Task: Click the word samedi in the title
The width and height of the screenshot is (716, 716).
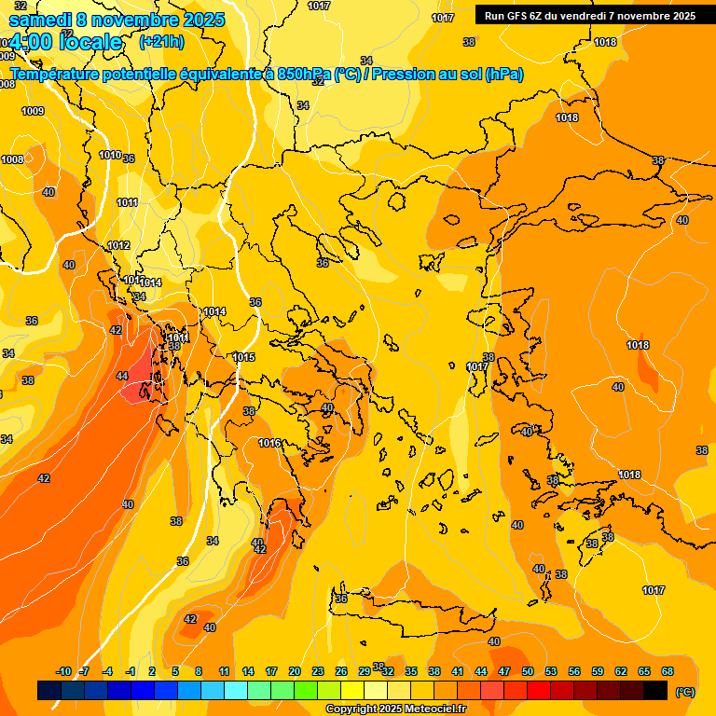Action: pos(42,19)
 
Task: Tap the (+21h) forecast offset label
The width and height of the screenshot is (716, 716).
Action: pos(161,42)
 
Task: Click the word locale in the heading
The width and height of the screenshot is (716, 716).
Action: pos(90,42)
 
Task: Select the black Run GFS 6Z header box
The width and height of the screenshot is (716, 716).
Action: pos(589,15)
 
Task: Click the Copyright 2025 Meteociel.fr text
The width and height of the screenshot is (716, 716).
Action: pos(395,709)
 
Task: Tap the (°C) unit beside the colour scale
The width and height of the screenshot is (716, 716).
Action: pos(684,691)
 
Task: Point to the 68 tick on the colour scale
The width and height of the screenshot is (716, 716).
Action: pos(668,671)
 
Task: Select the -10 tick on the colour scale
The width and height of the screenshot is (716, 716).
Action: pos(63,671)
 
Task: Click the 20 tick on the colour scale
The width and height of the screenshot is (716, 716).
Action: pos(295,671)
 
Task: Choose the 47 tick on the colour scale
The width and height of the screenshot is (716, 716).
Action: pos(504,671)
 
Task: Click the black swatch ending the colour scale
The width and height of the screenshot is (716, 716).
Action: pos(655,690)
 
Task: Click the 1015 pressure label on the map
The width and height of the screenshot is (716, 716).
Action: pos(244,357)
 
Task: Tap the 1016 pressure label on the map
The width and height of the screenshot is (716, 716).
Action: pos(270,443)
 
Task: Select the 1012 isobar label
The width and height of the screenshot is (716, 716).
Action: pos(118,245)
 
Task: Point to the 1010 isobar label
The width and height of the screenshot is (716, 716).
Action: pos(110,155)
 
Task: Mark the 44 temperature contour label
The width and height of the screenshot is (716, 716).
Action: pos(122,376)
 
